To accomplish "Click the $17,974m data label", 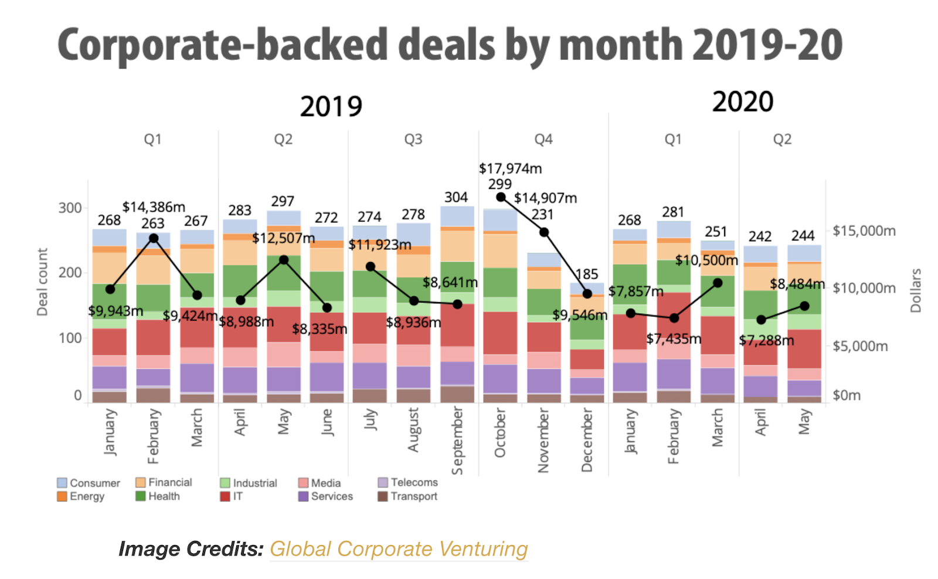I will [x=510, y=169].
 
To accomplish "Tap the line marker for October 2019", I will [x=501, y=197].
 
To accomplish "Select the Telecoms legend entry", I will [x=414, y=482].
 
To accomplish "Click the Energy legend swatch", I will [x=62, y=496].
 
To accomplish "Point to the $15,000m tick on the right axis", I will [x=864, y=231].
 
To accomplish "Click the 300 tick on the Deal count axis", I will [x=70, y=208].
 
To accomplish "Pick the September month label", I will [x=457, y=440].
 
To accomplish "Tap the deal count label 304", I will [x=456, y=198].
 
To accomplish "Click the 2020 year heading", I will [x=743, y=102].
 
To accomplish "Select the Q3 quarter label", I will [x=413, y=140].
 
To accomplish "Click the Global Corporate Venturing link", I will [x=399, y=549].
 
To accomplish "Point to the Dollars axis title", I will [x=916, y=290].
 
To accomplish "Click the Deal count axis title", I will [x=42, y=282].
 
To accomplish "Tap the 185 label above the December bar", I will [x=587, y=275].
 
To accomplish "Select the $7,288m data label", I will [x=766, y=340].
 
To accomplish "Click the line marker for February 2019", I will [x=154, y=238].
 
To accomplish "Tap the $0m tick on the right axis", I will [x=847, y=395].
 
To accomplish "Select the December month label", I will [x=587, y=440].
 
